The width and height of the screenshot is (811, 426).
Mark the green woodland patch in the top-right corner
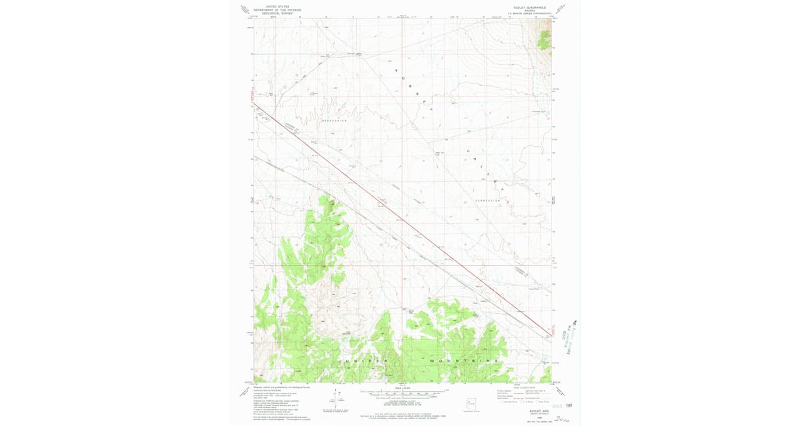click(x=544, y=41)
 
